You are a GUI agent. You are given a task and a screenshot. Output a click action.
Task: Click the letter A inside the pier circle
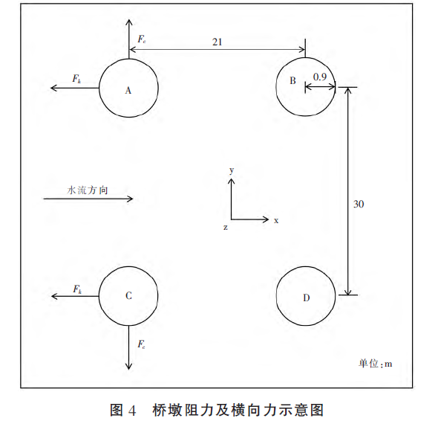pos(128,91)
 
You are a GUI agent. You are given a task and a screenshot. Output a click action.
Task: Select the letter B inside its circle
pos(292,80)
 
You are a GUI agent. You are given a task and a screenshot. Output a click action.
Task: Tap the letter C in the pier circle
pos(128,295)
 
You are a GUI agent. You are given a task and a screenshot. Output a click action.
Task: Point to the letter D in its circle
pos(306,298)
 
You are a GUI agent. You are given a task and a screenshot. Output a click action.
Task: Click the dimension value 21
pos(217,42)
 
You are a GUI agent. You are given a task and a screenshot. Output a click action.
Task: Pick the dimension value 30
pos(359,204)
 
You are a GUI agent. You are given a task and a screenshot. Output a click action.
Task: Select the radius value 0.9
pos(319,77)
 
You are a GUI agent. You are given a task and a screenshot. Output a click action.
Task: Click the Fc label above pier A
pos(141,39)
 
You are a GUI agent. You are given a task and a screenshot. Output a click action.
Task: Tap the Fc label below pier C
pos(141,344)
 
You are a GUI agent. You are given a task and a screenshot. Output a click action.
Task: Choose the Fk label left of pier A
pos(76,79)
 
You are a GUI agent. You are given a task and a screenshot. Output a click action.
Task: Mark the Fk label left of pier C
pos(77,289)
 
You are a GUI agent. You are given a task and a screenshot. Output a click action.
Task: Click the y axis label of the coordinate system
pos(232,170)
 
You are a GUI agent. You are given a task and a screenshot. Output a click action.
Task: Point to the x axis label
pos(276,221)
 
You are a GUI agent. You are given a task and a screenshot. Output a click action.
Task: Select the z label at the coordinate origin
pos(226,228)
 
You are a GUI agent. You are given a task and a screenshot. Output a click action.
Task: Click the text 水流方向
pos(88,190)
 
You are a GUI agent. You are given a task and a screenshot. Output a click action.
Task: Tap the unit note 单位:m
pos(375,364)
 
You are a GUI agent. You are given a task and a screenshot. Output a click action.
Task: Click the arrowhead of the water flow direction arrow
pos(130,199)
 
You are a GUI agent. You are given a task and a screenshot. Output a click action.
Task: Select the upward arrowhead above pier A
pos(128,22)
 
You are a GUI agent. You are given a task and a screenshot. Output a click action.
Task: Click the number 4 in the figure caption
pos(132,411)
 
